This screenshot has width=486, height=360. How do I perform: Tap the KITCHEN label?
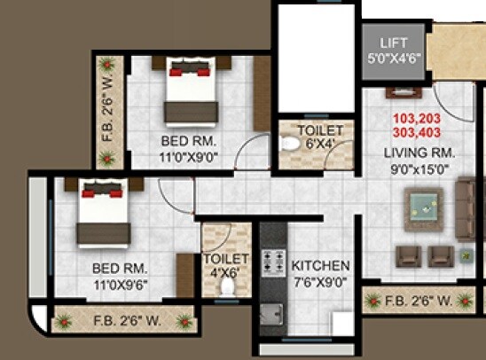tap(321, 265)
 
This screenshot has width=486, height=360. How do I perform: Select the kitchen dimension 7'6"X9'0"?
tap(321, 282)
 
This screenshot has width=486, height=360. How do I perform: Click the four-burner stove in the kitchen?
tap(271, 262)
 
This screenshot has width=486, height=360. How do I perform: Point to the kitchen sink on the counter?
tap(272, 313)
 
